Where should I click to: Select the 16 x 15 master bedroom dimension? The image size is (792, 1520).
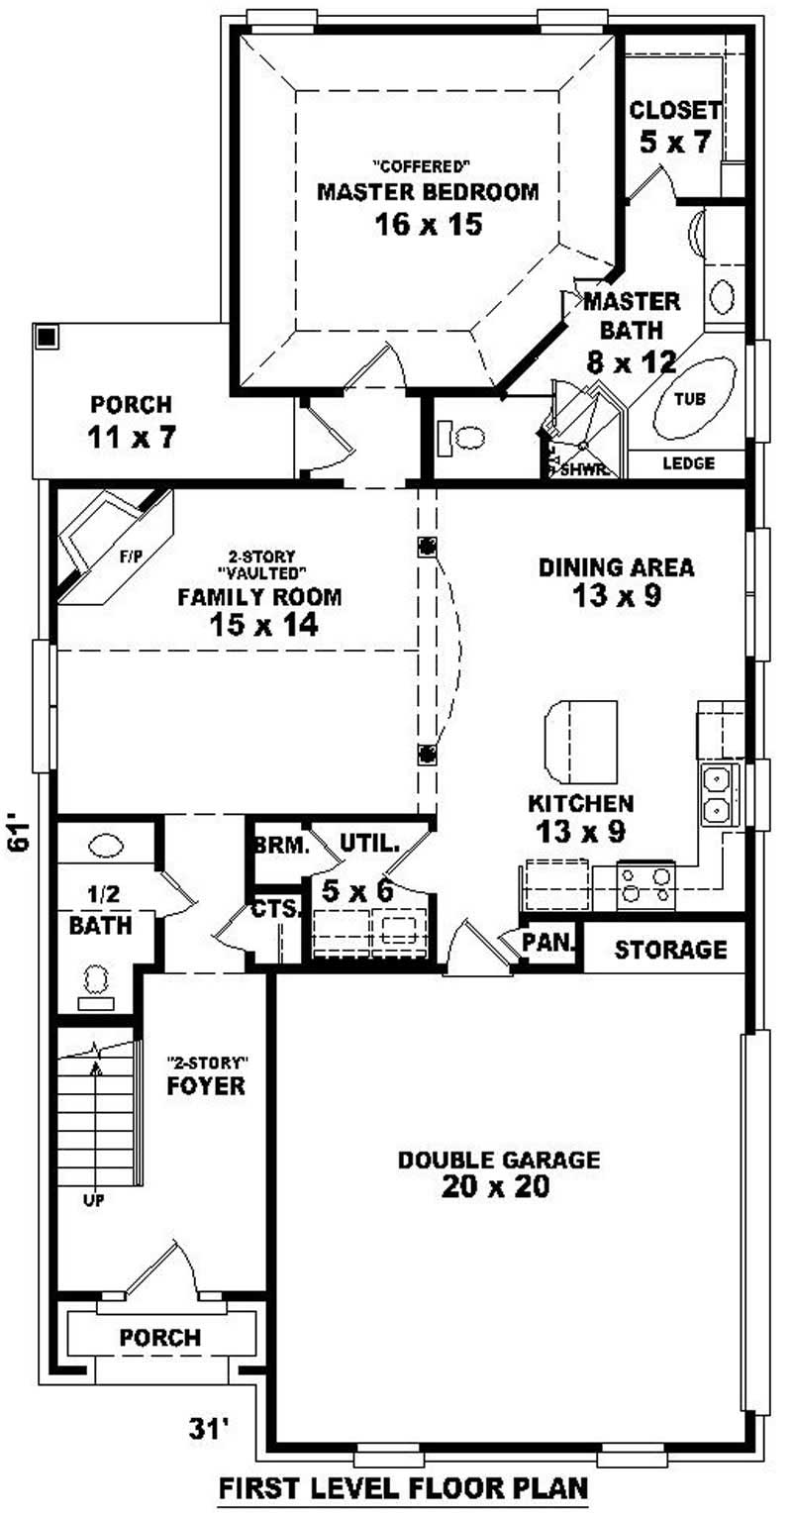(x=428, y=225)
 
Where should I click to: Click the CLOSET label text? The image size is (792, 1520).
(x=674, y=109)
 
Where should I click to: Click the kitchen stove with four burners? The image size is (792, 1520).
(x=645, y=885)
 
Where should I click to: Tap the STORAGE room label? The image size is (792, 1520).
(x=670, y=951)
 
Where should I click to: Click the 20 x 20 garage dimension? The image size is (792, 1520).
(x=498, y=1187)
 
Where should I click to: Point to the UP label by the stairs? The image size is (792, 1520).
(x=95, y=1200)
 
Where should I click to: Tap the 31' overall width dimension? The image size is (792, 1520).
(x=208, y=1429)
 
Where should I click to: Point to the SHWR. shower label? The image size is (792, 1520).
(x=583, y=470)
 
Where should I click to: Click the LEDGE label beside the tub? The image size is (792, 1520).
(x=687, y=462)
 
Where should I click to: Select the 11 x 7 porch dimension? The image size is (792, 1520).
(x=131, y=437)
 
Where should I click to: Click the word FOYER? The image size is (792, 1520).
(x=205, y=1086)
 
